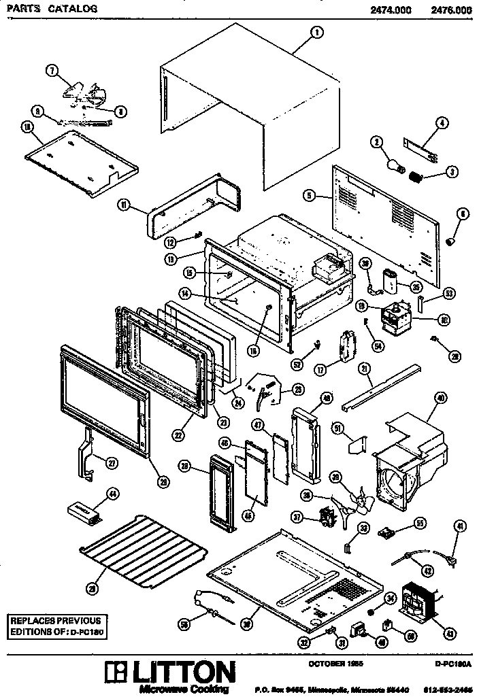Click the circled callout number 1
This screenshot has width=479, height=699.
coord(316,32)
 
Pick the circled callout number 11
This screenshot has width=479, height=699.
coord(125,204)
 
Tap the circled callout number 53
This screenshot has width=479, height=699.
coord(448,294)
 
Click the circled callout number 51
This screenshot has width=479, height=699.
coord(337,428)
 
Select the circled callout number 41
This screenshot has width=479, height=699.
coord(460,524)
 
